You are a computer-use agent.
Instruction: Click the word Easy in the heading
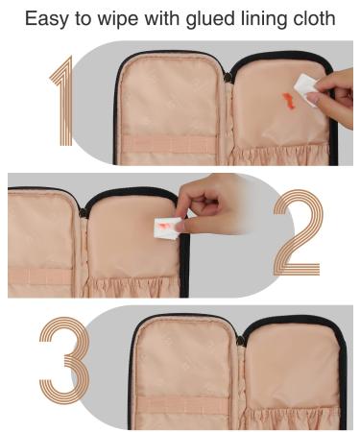pos(47,19)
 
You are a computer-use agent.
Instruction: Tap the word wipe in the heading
pos(117,19)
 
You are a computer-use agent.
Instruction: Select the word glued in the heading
pos(210,19)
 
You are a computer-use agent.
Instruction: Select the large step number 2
pos(297,232)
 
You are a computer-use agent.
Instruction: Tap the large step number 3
pos(64,360)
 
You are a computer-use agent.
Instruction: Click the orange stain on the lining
pos(289,101)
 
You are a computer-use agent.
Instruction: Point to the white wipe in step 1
pos(304,88)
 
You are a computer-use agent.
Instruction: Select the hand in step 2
pos(208,204)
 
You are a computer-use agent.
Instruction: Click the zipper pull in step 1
pos(228,78)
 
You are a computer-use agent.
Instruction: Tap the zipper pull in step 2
pos(83,212)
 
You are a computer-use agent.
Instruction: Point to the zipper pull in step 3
pos(241,341)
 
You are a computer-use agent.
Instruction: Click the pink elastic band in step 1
pos(169,145)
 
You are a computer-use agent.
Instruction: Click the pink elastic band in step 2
pos(41,276)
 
